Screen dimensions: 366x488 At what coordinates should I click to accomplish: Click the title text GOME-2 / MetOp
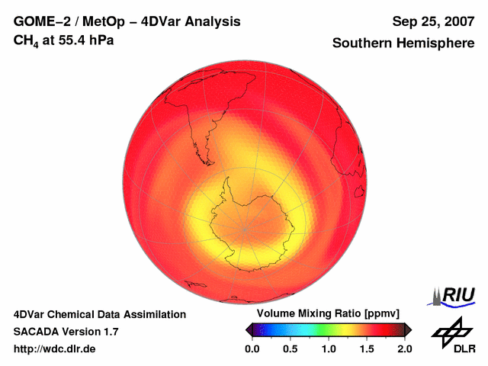pyautogui.click(x=66, y=22)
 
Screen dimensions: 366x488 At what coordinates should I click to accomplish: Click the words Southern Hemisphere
pyautogui.click(x=403, y=43)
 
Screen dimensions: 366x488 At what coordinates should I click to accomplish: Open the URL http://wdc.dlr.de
pyautogui.click(x=55, y=349)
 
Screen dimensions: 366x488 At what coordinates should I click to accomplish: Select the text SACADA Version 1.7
pyautogui.click(x=66, y=332)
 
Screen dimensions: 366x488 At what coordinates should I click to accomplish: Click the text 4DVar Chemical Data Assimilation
pyautogui.click(x=99, y=314)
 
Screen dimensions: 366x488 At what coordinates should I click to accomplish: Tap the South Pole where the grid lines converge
pyautogui.click(x=245, y=229)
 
